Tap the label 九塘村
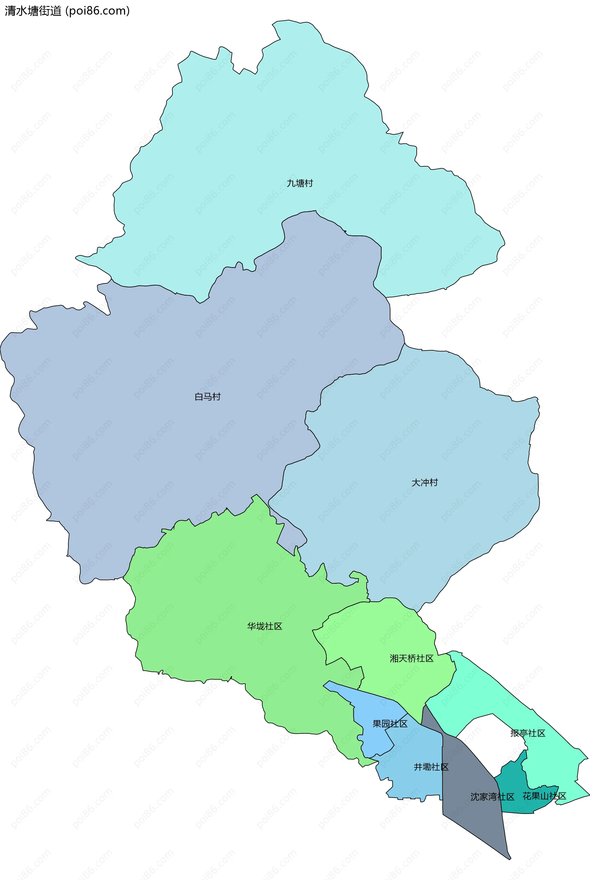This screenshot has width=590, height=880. pyautogui.click(x=300, y=183)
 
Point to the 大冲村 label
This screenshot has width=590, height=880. pyautogui.click(x=424, y=483)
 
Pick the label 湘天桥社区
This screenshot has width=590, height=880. pyautogui.click(x=411, y=658)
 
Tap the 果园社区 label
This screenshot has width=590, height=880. pyautogui.click(x=390, y=724)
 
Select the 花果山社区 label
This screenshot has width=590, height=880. pyautogui.click(x=544, y=796)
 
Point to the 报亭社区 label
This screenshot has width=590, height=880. pyautogui.click(x=528, y=733)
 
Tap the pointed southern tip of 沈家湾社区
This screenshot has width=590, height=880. pyautogui.click(x=509, y=858)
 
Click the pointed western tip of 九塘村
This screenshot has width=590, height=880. pyautogui.click(x=77, y=258)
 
